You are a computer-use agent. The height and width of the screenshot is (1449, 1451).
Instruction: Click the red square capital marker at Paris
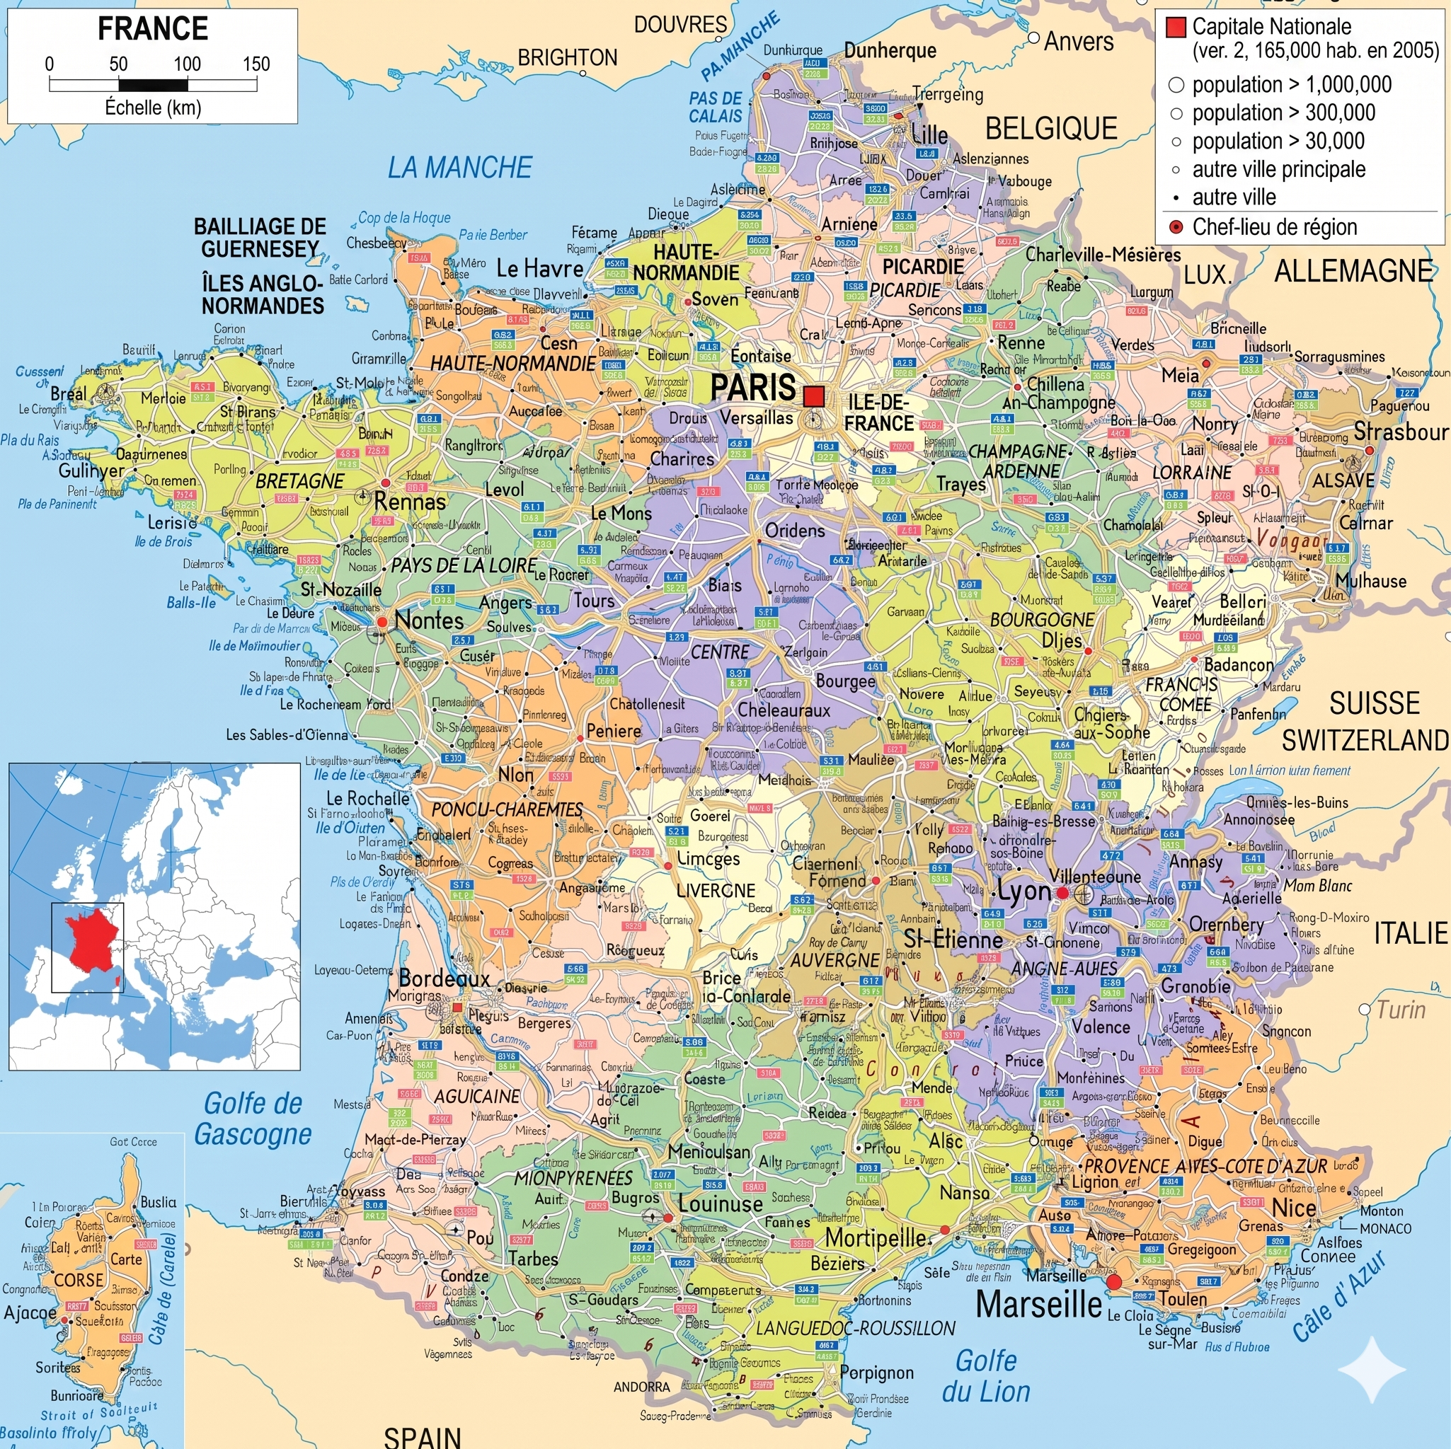tap(813, 396)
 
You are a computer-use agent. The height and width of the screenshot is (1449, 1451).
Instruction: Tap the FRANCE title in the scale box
tap(152, 29)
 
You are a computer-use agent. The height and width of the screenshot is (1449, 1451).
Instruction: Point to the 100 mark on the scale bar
tap(187, 64)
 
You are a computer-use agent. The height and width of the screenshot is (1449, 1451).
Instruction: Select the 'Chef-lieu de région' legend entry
tap(1274, 226)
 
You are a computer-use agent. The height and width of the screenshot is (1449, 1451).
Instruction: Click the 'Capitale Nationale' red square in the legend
tap(1176, 28)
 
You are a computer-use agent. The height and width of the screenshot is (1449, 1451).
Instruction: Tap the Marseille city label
tap(1038, 1305)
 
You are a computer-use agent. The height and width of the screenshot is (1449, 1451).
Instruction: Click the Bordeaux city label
tap(444, 978)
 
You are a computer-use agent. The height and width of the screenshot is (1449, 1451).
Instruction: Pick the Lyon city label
tap(1023, 891)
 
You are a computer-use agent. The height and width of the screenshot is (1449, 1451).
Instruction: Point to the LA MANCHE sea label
tap(459, 168)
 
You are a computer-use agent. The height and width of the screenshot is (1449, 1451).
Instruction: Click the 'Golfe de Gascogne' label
tap(253, 1119)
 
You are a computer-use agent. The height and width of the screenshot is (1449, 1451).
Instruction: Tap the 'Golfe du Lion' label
tap(986, 1376)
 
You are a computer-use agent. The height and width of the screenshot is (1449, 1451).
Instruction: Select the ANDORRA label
tap(641, 1387)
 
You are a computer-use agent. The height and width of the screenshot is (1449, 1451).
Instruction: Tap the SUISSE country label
tap(1375, 703)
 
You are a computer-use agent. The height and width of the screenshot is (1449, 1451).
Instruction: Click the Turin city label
tap(1401, 1010)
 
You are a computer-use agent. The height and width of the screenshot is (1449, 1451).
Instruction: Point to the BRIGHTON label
tap(567, 58)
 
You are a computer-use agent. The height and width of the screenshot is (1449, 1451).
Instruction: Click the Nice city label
tap(1293, 1208)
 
